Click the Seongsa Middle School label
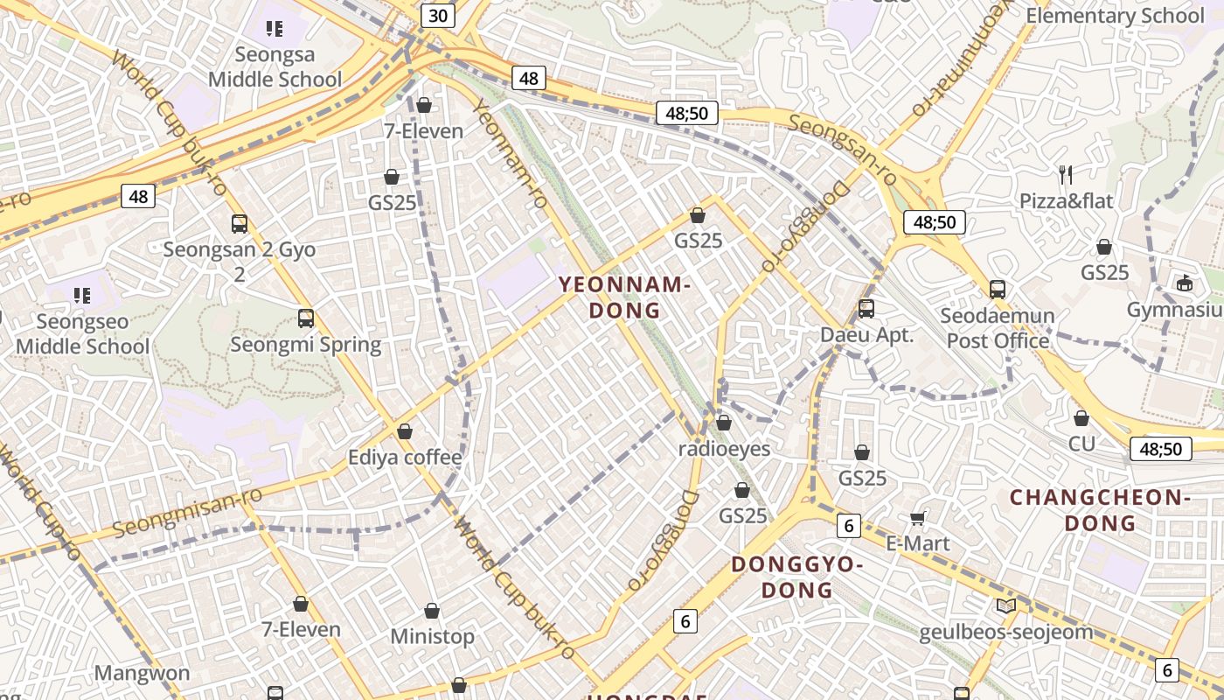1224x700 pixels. point(275,67)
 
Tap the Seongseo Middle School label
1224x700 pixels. point(82,333)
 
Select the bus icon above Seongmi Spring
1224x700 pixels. point(306,318)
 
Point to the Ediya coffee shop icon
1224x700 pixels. point(405,431)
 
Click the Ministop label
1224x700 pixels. point(432,636)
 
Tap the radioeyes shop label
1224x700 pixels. point(725,449)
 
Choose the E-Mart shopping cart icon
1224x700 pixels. point(918,518)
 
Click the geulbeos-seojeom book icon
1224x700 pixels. point(1006,605)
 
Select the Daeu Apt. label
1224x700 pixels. point(866,334)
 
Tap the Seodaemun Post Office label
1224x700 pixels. point(998,327)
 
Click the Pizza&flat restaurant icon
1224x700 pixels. point(1066,175)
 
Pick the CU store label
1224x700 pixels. point(1081,444)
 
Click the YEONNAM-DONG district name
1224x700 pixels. point(624,297)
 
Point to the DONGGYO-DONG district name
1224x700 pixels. point(796,577)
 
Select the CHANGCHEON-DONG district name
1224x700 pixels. point(1100,510)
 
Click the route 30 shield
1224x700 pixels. point(438,15)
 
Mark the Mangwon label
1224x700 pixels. point(142,673)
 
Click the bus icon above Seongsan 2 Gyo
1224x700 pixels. point(240,224)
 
